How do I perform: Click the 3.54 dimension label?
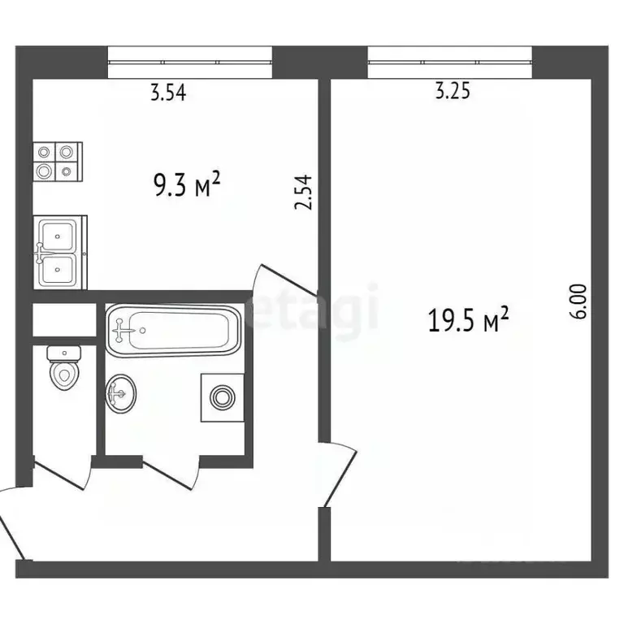coord(168,93)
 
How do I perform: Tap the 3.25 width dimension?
coord(453,92)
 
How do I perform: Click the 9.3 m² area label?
coord(188,188)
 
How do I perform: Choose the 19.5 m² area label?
coord(468,322)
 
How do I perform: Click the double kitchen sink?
coord(59,252)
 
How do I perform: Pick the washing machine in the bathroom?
coord(222,397)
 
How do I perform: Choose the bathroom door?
coord(172,476)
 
